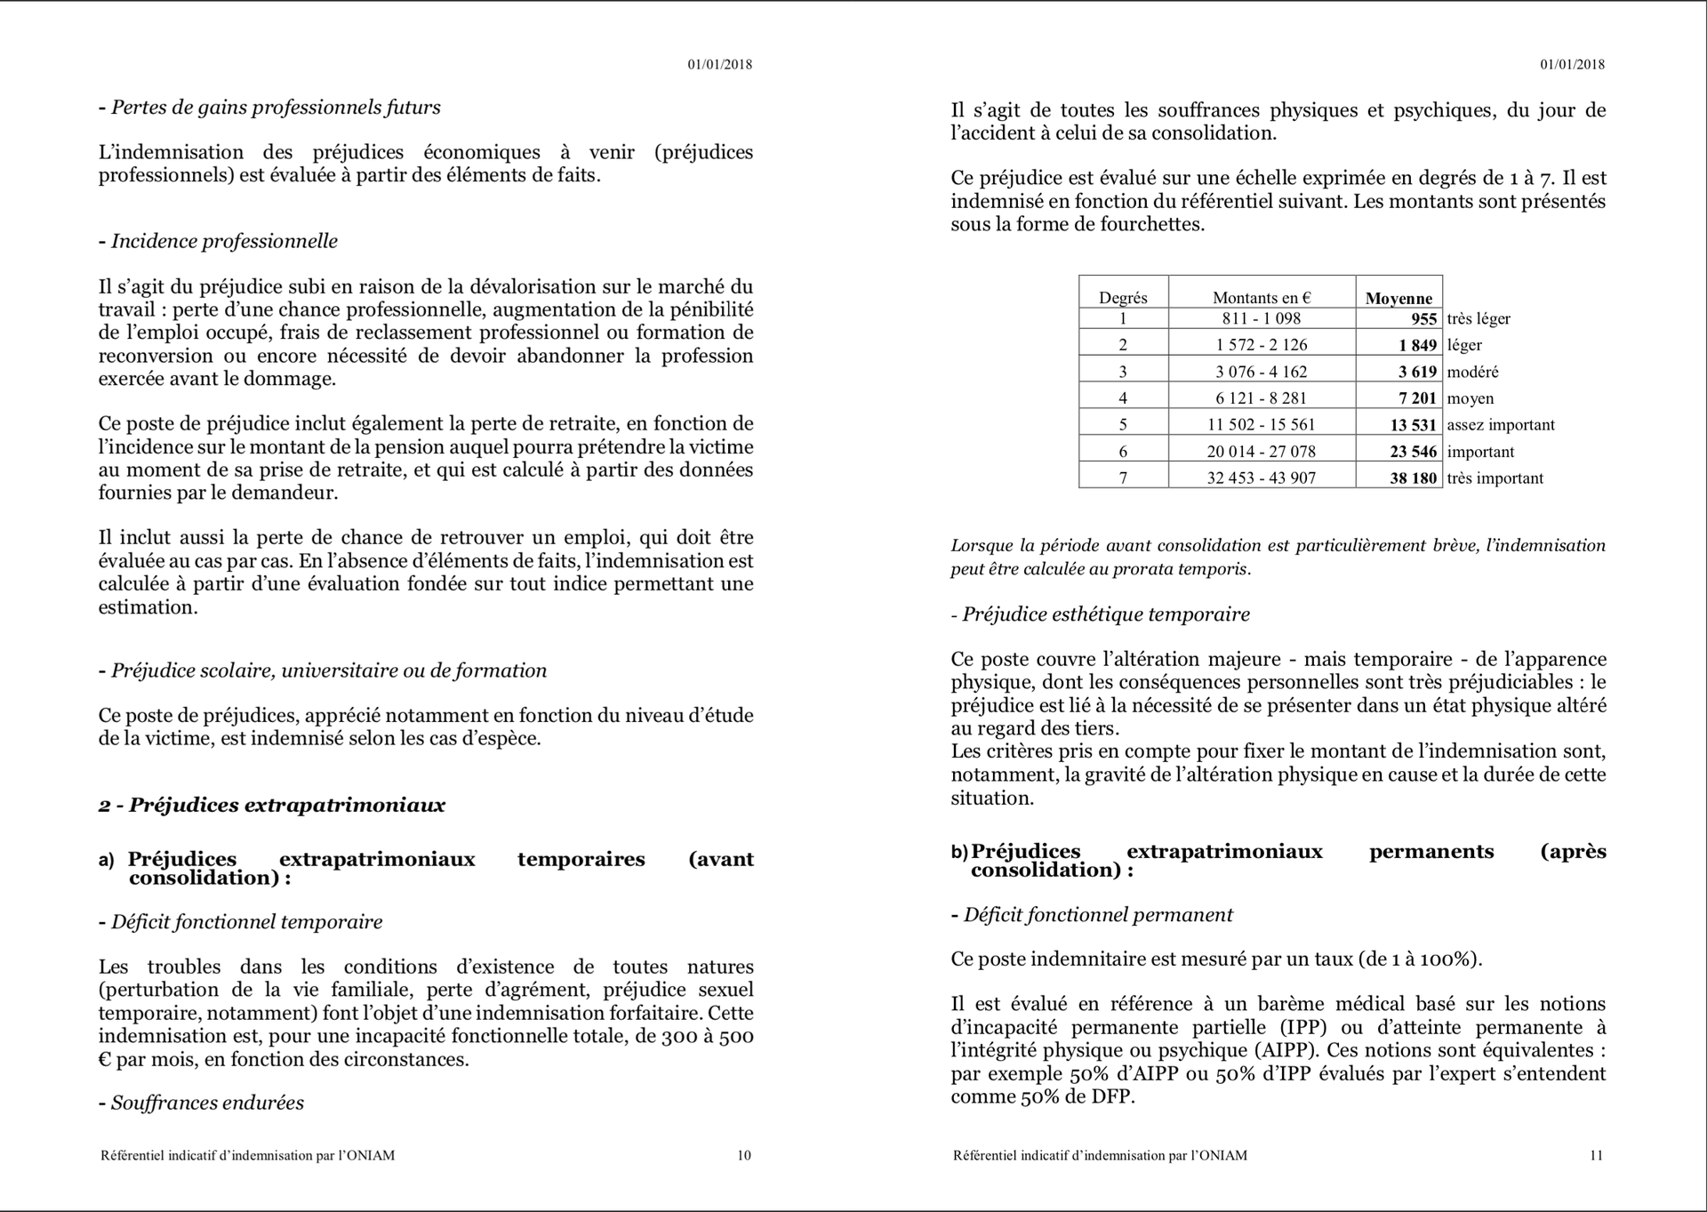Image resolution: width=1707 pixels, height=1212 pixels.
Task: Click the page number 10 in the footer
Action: point(744,1155)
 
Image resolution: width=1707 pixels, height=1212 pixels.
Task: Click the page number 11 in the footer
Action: point(1596,1155)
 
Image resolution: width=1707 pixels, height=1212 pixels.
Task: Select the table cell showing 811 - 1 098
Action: point(1261,318)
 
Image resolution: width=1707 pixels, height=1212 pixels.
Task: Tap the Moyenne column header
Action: point(1398,298)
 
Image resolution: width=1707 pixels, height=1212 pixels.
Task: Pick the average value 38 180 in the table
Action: point(1413,478)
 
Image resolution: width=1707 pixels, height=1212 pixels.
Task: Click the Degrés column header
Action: point(1123,298)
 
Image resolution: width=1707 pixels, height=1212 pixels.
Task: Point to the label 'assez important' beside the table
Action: point(1501,424)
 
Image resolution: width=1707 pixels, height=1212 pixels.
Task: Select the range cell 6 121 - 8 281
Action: point(1261,397)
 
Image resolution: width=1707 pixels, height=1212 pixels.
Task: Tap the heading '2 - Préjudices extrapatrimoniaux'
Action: point(272,805)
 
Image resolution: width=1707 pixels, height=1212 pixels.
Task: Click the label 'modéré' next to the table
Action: point(1472,372)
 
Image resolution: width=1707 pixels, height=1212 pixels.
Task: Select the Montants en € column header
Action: point(1261,298)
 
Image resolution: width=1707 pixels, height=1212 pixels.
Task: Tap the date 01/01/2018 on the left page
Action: point(719,64)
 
